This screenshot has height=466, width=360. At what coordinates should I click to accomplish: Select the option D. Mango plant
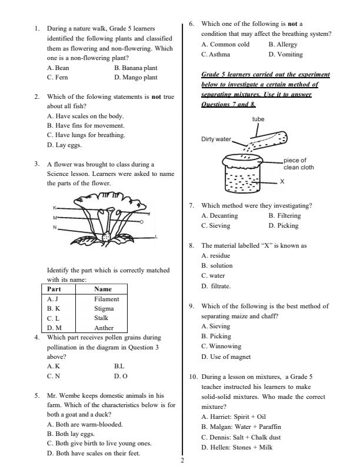tap(135, 77)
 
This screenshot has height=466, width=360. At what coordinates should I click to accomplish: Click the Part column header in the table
tap(54, 289)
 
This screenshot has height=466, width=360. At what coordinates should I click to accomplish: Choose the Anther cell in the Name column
tap(104, 328)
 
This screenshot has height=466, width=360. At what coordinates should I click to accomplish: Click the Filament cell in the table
tap(106, 299)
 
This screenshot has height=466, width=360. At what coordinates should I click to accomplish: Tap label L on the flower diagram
tap(156, 237)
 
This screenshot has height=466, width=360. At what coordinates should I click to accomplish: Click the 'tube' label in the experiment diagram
tap(258, 119)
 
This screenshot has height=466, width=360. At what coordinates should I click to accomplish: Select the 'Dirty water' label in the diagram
tap(216, 139)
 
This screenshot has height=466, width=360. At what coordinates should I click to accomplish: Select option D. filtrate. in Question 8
tap(216, 286)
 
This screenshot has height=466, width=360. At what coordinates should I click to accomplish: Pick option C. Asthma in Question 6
tap(215, 54)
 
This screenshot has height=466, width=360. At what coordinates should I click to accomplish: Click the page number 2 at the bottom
tap(182, 460)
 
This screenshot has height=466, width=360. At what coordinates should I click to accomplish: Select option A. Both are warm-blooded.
tap(85, 424)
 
